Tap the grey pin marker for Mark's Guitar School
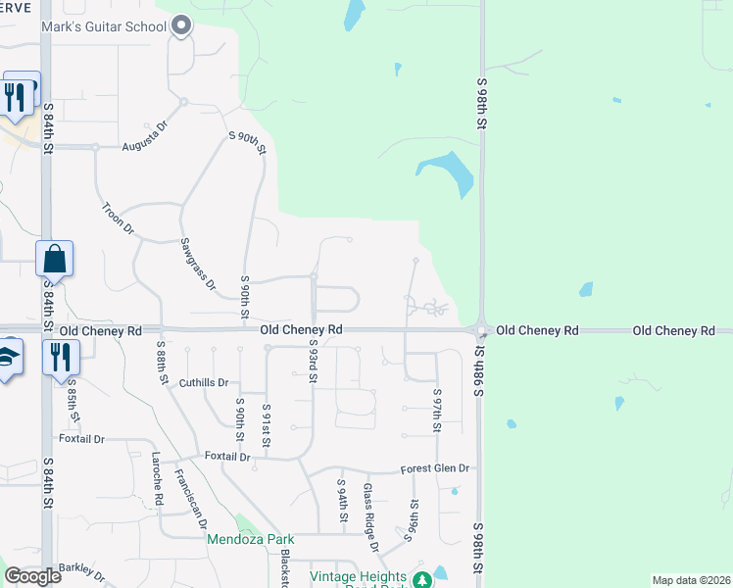pos(181,26)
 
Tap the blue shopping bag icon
pos(55,260)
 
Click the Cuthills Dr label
pos(204,383)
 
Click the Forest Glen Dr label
pos(435,468)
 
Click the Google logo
pos(32,575)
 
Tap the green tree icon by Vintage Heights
pos(422,580)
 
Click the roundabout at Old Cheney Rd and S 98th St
pos(480,330)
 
